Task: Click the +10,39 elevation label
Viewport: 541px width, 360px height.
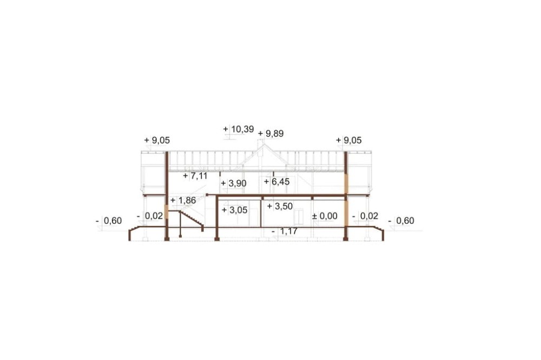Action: (x=239, y=129)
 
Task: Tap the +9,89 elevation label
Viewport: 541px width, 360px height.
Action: (x=271, y=134)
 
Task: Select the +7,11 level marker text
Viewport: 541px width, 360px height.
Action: (x=195, y=176)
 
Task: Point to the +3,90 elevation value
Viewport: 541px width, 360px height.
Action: (x=234, y=183)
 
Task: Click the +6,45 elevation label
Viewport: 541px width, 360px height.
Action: (x=276, y=182)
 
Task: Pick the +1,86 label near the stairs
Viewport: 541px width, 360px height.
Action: (x=183, y=201)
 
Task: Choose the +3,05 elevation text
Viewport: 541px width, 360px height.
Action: (x=235, y=210)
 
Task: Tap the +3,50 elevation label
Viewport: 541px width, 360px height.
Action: (x=280, y=206)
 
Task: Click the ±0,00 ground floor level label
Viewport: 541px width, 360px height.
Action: (x=325, y=216)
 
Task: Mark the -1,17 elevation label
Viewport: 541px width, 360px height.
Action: (x=285, y=231)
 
